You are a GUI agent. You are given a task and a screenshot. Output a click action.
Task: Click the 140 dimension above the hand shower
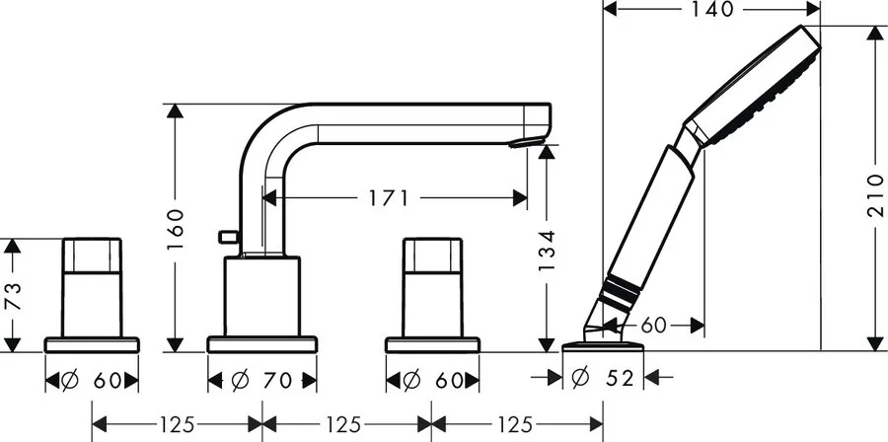711,9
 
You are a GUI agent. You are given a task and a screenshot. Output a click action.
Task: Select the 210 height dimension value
875,195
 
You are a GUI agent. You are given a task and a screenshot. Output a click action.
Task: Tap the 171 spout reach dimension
389,198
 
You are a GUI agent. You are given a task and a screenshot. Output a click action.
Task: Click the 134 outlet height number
547,251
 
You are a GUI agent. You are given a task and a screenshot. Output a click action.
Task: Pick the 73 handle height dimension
13,296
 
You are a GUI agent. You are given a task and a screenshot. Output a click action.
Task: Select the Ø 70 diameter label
262,380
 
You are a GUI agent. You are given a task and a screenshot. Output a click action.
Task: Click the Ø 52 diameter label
604,378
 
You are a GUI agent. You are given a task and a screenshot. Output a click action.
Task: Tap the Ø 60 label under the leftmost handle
92,380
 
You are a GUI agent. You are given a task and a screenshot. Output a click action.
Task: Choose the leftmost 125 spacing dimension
177,424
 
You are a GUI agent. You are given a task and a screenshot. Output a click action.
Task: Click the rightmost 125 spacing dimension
515,424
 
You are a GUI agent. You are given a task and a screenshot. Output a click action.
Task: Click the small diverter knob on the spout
228,237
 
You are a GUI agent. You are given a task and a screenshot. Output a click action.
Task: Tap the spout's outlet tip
527,142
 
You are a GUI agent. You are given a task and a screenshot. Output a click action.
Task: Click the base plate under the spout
262,344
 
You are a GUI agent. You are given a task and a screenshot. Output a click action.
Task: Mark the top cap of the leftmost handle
92,256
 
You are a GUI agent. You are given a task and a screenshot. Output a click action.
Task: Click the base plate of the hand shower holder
603,346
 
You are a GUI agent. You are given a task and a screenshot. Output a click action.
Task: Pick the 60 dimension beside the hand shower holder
653,326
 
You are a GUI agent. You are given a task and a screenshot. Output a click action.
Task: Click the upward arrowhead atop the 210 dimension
875,33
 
